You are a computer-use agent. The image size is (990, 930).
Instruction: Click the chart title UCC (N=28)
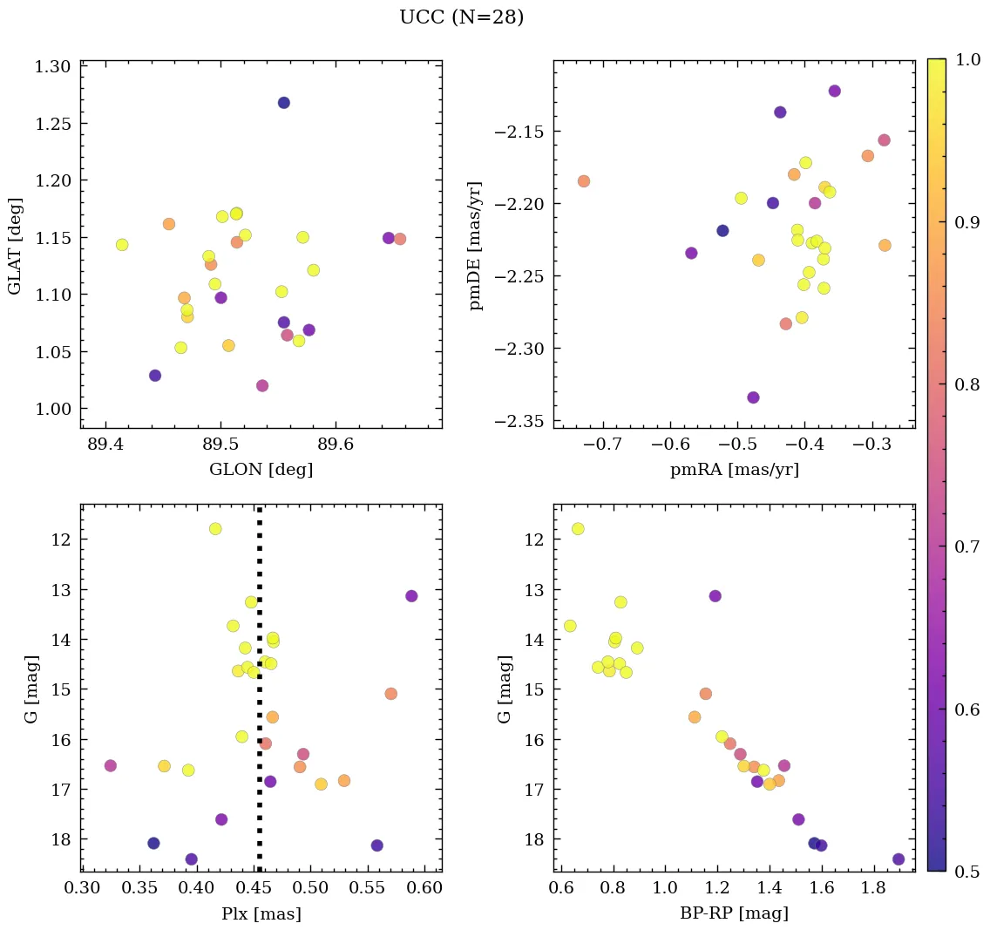[x=461, y=17]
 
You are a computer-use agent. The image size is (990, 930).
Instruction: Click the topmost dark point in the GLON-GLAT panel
[x=283, y=103]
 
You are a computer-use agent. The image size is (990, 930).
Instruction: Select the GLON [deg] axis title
[x=261, y=470]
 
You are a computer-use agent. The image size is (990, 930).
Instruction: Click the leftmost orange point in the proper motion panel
[x=583, y=181]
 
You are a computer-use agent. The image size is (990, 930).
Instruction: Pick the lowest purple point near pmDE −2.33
[x=753, y=397]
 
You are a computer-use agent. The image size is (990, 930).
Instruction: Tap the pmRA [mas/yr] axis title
[x=734, y=470]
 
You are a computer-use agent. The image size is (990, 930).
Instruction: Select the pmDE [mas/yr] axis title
[x=476, y=245]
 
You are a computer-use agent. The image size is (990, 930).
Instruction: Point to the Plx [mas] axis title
[x=261, y=913]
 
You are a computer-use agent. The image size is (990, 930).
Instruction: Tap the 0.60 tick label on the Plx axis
[x=425, y=888]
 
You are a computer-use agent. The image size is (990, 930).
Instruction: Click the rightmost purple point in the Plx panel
[x=411, y=596]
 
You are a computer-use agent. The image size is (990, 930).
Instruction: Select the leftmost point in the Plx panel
[x=110, y=765]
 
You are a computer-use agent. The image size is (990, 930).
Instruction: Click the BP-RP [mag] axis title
[x=734, y=913]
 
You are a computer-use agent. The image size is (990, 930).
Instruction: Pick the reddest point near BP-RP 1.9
[x=898, y=859]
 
